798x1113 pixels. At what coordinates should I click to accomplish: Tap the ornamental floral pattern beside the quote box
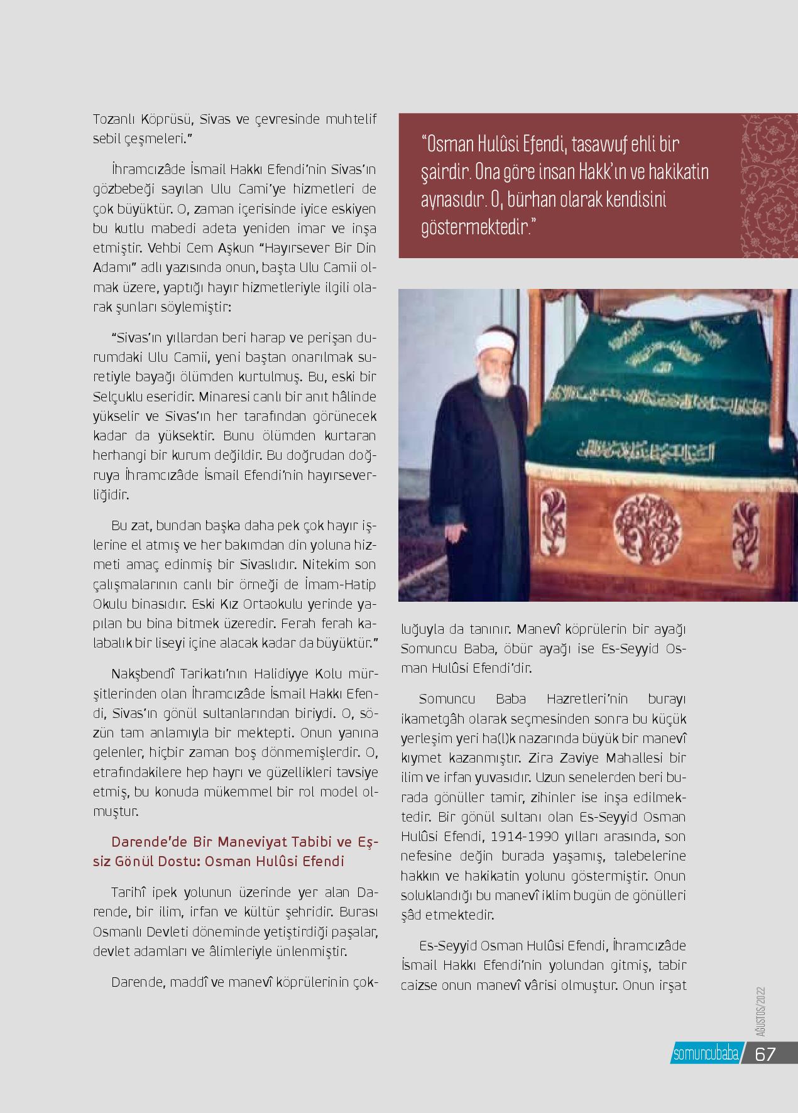click(765, 186)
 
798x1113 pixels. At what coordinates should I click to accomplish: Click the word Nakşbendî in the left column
click(138, 675)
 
